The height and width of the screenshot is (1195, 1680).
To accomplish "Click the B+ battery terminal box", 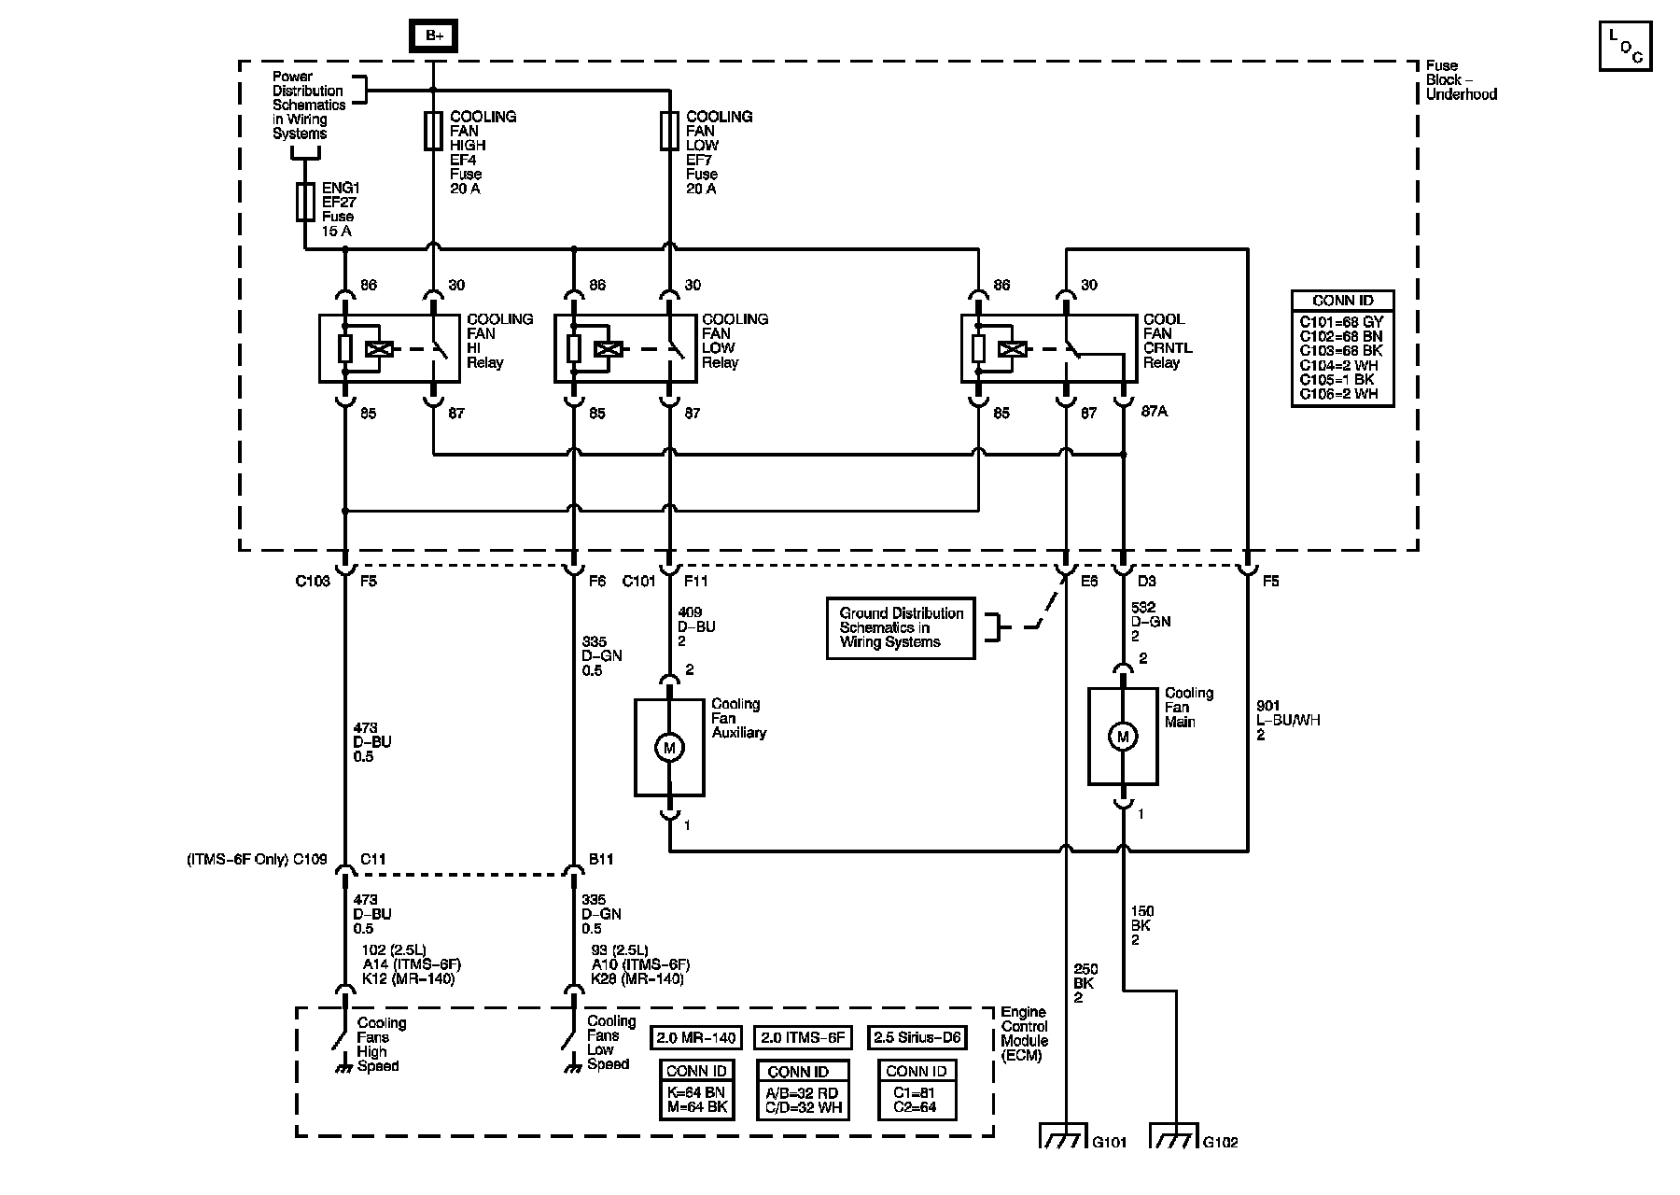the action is [434, 35].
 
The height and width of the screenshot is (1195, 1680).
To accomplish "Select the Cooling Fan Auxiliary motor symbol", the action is [669, 747].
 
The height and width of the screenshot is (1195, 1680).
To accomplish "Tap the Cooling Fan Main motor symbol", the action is [1123, 737].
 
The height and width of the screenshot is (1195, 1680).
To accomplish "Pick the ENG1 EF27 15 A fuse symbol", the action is [305, 202].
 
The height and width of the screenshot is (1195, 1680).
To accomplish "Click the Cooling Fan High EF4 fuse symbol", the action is [433, 131].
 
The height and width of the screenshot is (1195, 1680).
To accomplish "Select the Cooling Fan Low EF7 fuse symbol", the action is [669, 131].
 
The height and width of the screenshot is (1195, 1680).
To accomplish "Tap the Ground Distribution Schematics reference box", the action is [901, 628].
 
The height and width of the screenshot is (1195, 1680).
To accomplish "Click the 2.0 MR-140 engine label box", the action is [695, 1037].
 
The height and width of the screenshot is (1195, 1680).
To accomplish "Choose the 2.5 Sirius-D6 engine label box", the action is [917, 1037].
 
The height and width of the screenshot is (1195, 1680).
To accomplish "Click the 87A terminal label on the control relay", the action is [1155, 413].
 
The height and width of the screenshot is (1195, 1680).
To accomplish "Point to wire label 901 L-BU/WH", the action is [1288, 721].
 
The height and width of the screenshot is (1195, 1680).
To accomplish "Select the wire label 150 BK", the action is [1142, 925].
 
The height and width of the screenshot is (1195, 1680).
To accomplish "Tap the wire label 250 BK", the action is [1085, 983].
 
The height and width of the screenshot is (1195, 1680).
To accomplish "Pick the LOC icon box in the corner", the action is [1626, 45].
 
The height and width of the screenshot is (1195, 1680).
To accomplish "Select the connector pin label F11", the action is [696, 581].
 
